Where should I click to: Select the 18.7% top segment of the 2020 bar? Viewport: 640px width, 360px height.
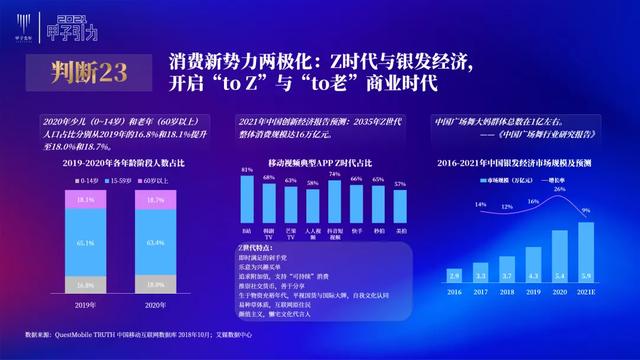155,200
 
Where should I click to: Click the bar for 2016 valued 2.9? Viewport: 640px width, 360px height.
454,274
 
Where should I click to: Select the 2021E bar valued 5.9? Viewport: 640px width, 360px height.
586,256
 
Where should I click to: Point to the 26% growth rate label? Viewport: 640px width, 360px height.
560,188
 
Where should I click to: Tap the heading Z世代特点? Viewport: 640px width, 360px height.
258,246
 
